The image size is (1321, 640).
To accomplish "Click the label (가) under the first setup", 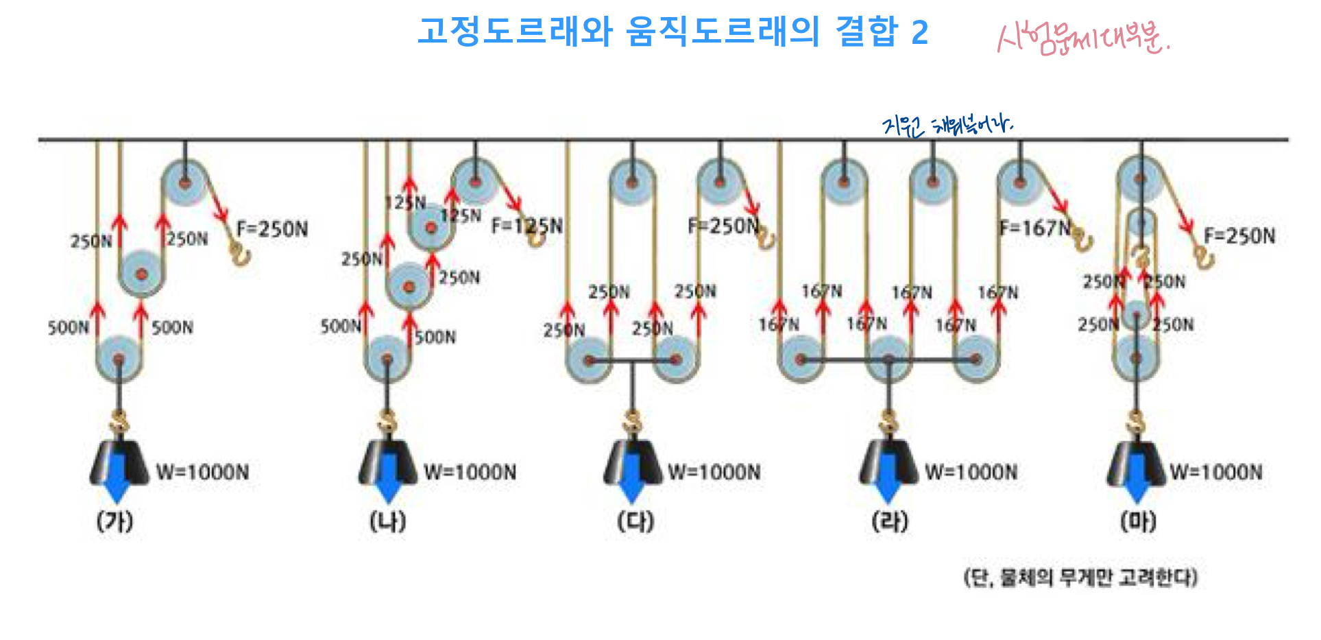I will coord(114,522).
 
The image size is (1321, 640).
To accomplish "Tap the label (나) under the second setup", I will coord(388,522).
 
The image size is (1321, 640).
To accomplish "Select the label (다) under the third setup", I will coord(635,522).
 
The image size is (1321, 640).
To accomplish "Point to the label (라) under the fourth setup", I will coord(890,522).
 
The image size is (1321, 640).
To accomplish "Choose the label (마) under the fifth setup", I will coord(1138,522).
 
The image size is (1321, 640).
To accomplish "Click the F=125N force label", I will coord(526,226).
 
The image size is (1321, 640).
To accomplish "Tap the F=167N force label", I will coord(1035,228).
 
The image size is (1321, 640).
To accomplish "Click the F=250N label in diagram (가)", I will coord(272,229).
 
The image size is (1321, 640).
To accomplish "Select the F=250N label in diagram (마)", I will coord(1239,237).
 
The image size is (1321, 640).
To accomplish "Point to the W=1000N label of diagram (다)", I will coord(714,472).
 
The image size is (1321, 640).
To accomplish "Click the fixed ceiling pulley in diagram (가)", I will coord(184,182).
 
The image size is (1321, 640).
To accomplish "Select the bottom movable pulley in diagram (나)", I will coord(387,359).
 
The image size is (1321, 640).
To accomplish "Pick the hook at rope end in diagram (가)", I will coord(241,254).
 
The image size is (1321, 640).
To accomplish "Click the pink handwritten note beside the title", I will coord(1083,38).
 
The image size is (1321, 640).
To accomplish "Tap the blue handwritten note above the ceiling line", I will coord(947,126).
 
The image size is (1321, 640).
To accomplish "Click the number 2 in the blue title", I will coord(919,32).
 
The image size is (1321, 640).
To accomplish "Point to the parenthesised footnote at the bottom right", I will coord(1080,578).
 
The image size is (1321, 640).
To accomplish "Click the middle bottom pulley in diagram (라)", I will coord(888,359).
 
